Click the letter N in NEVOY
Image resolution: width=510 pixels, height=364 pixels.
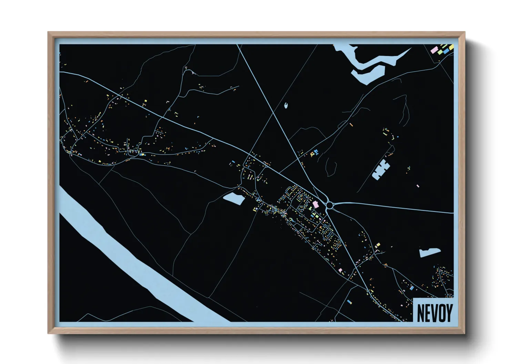coord(421,313)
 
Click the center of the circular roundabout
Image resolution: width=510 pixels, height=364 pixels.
coord(329,205)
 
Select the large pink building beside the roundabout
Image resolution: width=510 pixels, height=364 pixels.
coord(315,204)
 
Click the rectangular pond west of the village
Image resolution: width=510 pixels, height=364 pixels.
coord(234,199)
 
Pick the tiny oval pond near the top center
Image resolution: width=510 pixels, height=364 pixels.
coord(286,105)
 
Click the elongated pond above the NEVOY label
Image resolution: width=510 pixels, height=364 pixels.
coord(430,252)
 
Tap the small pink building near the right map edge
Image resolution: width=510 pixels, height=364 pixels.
coord(418,186)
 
